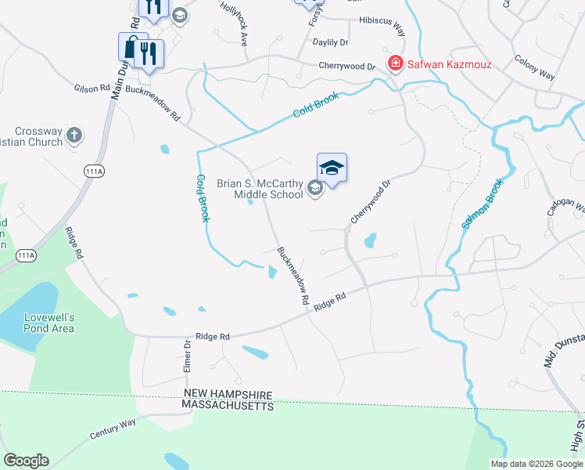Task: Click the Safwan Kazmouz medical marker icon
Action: pyautogui.click(x=396, y=61)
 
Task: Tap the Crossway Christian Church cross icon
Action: pyautogui.click(x=74, y=136)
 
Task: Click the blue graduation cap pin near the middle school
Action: pyautogui.click(x=332, y=168)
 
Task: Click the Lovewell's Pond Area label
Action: pyautogui.click(x=48, y=323)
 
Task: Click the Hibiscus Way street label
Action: pyautogui.click(x=382, y=25)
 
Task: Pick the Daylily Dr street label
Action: pyautogui.click(x=330, y=42)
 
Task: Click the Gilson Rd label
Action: pyautogui.click(x=92, y=89)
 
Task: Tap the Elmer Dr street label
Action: pyautogui.click(x=188, y=356)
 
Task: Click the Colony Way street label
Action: pyautogui.click(x=535, y=67)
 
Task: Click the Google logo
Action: pyautogui.click(x=26, y=461)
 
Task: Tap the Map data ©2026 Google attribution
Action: pyautogui.click(x=536, y=464)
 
